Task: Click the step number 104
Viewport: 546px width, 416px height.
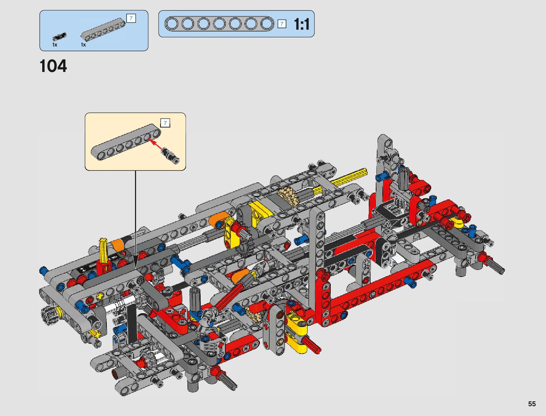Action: (x=53, y=66)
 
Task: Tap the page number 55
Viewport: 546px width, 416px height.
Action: (x=532, y=403)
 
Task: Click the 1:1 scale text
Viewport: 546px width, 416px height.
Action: (x=302, y=24)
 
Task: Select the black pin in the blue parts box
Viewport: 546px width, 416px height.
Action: (x=60, y=36)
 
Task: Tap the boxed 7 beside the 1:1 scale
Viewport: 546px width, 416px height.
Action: (x=282, y=24)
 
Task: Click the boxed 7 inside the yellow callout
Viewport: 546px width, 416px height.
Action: (x=165, y=123)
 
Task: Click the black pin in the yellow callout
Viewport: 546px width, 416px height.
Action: (x=170, y=155)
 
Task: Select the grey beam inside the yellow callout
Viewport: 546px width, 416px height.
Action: (x=126, y=142)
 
